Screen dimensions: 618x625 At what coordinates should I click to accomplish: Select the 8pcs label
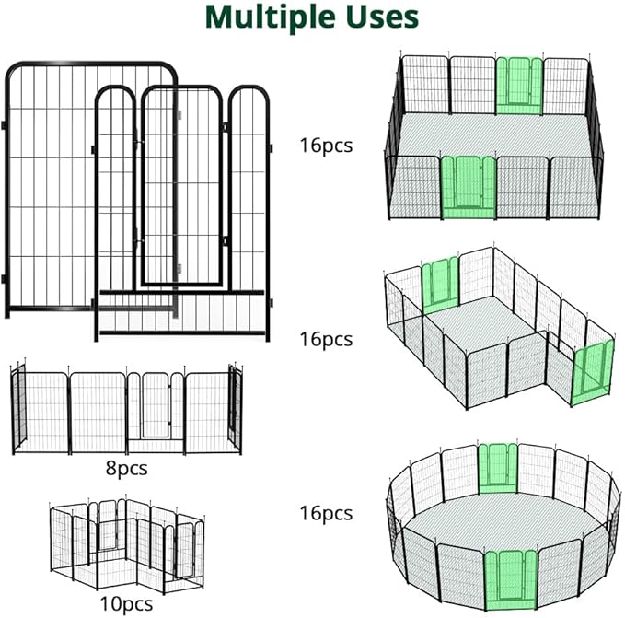click(126, 469)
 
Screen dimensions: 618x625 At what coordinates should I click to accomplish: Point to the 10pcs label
click(126, 603)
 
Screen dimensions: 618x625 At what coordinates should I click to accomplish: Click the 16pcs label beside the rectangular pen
click(325, 145)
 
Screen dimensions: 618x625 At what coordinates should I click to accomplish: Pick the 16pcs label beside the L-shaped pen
click(325, 339)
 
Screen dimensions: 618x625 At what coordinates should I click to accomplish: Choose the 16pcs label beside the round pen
click(325, 513)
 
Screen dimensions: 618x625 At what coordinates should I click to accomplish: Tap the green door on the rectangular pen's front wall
click(468, 187)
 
